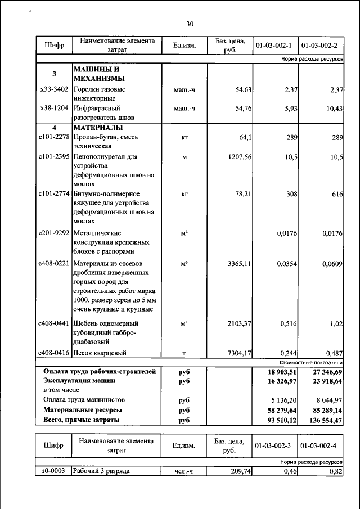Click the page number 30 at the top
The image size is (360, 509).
190,24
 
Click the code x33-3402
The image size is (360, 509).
55,89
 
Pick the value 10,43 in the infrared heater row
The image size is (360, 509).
334,108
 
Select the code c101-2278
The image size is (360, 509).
54,137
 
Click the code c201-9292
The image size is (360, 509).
54,233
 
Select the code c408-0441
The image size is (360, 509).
54,323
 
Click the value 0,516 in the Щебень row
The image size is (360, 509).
289,323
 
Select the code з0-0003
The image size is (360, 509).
53,471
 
